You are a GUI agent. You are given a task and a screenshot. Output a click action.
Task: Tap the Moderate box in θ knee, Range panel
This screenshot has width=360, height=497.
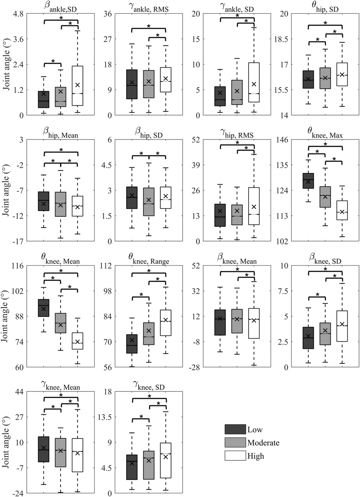(149, 333)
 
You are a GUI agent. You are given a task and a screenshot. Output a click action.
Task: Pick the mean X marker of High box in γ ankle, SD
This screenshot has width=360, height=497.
(254, 84)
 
